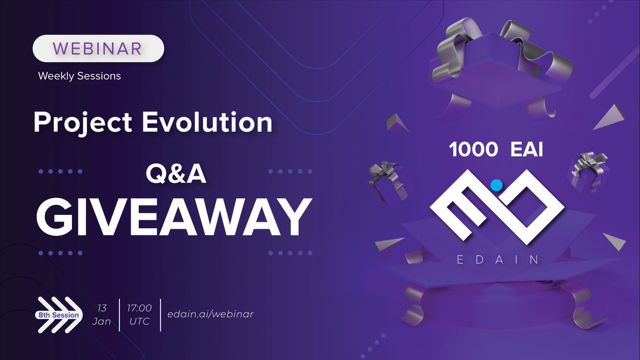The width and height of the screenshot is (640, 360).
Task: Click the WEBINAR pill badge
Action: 98,49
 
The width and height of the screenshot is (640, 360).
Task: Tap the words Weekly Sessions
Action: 79,76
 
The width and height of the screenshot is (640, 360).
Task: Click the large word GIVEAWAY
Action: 174,218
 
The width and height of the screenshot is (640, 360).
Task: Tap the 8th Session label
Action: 58,315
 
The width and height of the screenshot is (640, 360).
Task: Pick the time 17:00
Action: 139,308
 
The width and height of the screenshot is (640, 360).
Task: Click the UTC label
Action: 139,321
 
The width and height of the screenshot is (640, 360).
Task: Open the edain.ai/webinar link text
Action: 210,314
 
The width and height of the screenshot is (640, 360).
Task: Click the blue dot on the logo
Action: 497,185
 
